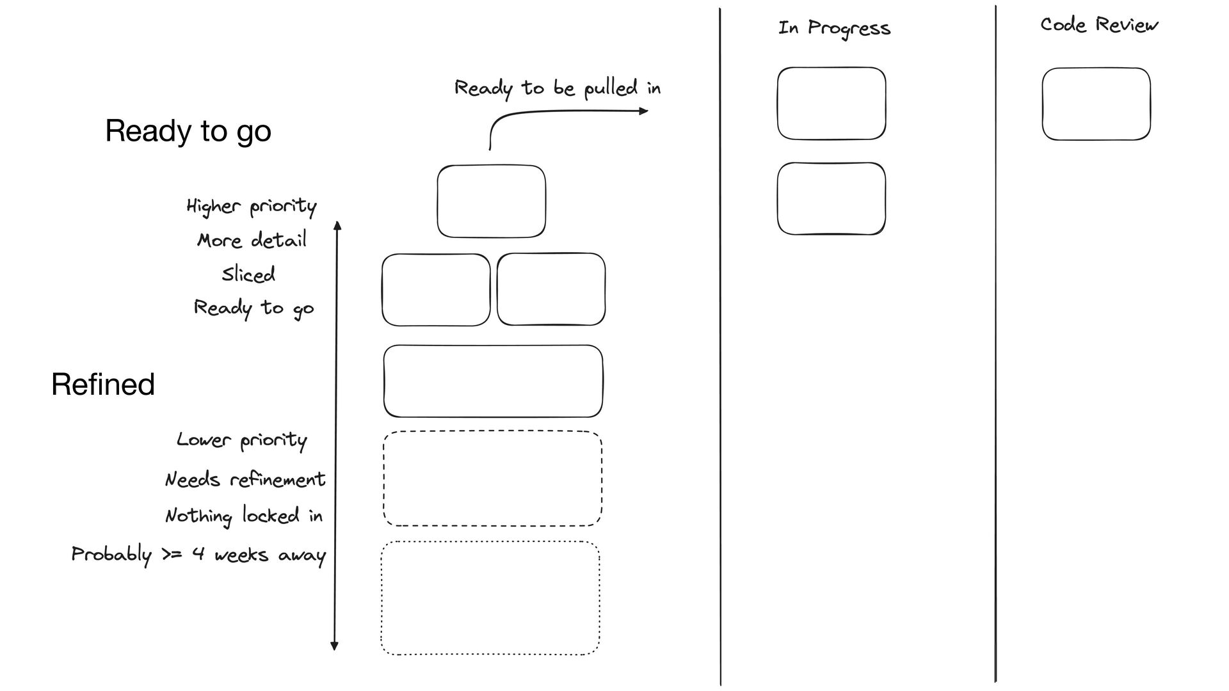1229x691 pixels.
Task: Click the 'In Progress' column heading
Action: click(834, 28)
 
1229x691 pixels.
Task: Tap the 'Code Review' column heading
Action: click(1099, 25)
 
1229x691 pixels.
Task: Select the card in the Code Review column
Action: click(1096, 104)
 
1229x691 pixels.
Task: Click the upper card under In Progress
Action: click(831, 103)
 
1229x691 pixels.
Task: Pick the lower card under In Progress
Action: click(831, 198)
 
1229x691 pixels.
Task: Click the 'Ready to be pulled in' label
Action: click(557, 88)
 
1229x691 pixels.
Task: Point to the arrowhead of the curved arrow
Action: click(645, 111)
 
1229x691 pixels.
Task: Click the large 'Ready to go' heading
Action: click(188, 131)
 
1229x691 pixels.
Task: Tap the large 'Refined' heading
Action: click(103, 385)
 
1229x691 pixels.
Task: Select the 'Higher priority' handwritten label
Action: click(252, 206)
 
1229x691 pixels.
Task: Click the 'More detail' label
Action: click(252, 241)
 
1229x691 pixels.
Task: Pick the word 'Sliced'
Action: click(248, 274)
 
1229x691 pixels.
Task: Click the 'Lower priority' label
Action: click(242, 440)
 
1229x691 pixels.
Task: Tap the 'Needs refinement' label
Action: click(245, 479)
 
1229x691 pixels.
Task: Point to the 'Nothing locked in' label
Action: click(244, 516)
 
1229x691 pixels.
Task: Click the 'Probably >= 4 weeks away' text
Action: click(198, 554)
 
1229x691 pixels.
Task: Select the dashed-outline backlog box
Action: click(492, 479)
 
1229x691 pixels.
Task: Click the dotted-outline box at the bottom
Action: click(490, 598)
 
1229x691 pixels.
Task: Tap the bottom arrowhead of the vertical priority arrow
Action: click(334, 646)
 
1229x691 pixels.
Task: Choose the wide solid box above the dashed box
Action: click(493, 381)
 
